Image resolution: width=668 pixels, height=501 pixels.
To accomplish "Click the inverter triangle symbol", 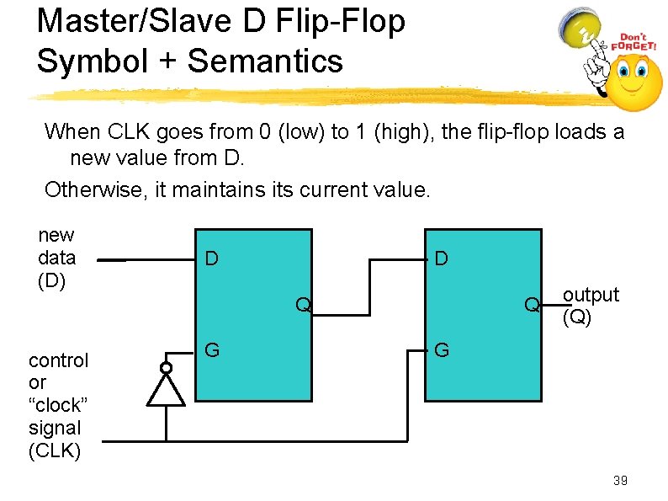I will (x=166, y=392).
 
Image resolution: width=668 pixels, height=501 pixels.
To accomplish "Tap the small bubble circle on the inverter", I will (x=166, y=368).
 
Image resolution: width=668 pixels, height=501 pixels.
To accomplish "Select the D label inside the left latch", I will (x=213, y=258).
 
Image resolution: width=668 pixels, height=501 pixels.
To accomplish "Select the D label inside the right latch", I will (x=442, y=258).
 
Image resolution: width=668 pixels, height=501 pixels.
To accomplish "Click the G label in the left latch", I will (x=214, y=349).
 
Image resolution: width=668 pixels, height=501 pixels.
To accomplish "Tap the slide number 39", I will (x=620, y=481).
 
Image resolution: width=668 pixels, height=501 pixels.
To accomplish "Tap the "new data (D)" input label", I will (x=57, y=258).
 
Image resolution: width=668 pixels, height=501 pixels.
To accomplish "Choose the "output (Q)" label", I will (x=590, y=305).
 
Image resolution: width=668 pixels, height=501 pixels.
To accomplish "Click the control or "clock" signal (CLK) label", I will (x=58, y=406).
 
